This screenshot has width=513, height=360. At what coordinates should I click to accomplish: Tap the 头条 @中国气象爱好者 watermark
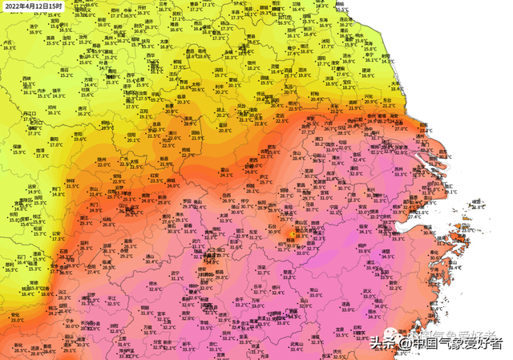coord(441,342)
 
